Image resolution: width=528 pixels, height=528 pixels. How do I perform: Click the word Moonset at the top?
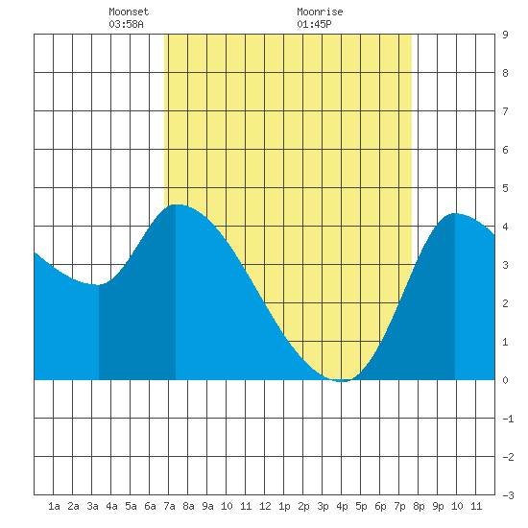pos(129,12)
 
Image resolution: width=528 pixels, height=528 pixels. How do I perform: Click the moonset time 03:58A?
pos(126,24)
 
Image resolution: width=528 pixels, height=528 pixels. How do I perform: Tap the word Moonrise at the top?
pos(320,12)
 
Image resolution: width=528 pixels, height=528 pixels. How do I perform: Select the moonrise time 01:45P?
pos(314,24)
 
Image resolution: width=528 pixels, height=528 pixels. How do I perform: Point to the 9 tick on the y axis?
pos(505,35)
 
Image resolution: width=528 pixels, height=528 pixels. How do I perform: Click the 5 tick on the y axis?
pos(505,188)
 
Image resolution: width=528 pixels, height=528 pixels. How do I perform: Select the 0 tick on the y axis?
pos(505,380)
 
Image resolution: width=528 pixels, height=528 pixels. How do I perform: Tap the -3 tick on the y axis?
pos(508,495)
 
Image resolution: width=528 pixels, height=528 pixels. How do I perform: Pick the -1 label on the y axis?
pos(508,419)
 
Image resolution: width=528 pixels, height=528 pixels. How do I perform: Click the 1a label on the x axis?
pos(54,506)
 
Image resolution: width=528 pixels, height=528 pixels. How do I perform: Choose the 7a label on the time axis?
pos(169,506)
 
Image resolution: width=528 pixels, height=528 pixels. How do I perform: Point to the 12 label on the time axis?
pos(265,506)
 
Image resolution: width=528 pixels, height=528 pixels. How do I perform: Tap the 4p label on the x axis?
pos(342,506)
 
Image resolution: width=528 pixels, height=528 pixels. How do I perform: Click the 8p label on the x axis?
pos(419,506)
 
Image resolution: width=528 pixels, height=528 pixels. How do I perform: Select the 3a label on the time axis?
pos(92,506)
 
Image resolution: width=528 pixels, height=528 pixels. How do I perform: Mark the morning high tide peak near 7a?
pos(176,204)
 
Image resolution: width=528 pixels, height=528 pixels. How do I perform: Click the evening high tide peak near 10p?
pos(455,213)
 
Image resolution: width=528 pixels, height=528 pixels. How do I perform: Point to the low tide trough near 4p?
pos(342,381)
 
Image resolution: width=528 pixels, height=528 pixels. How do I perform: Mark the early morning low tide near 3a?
pos(99,285)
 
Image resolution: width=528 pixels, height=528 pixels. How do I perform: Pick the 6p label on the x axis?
pos(380,506)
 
